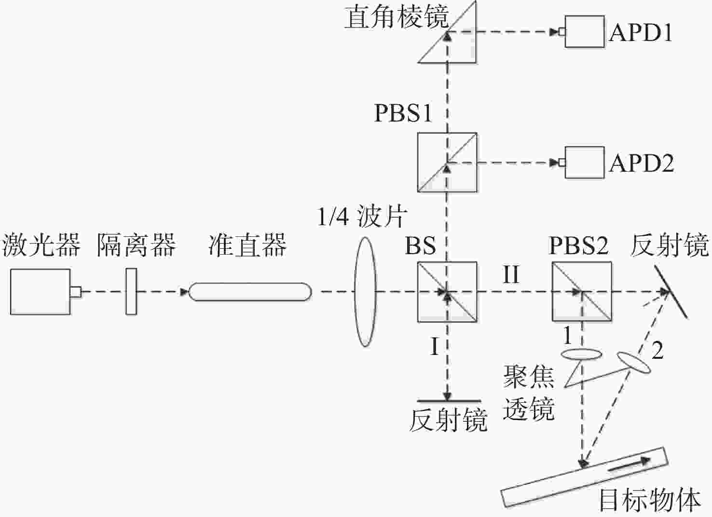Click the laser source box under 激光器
click(x=41, y=292)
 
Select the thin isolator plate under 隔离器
click(x=131, y=292)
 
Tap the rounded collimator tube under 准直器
click(x=250, y=292)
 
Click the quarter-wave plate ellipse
click(x=365, y=292)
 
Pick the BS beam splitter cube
click(x=447, y=292)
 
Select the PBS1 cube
click(x=447, y=163)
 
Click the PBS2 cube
click(x=582, y=291)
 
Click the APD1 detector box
click(x=584, y=31)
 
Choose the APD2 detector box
click(x=584, y=163)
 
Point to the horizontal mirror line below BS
click(x=449, y=401)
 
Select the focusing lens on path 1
click(x=581, y=354)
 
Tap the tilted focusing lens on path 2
click(x=634, y=362)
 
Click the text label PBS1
click(x=403, y=113)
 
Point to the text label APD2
click(x=642, y=163)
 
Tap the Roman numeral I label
click(x=435, y=346)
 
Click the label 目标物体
click(x=650, y=500)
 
